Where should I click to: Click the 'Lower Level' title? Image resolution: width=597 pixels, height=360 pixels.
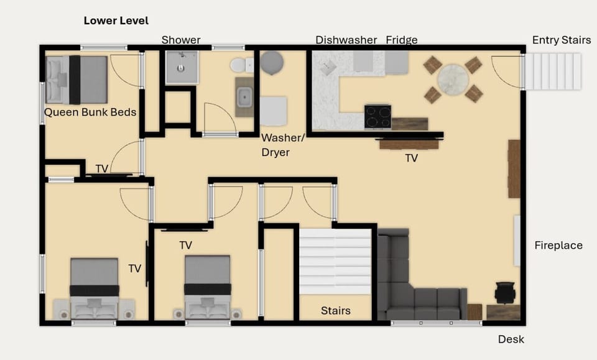click(116, 21)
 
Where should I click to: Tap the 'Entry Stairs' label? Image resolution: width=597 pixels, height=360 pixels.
click(561, 40)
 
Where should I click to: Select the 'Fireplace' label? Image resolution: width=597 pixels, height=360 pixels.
click(558, 246)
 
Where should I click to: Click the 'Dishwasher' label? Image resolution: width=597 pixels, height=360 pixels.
click(346, 40)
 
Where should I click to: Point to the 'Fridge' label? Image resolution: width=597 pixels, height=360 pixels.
click(401, 40)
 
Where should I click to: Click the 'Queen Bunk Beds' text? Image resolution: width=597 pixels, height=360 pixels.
click(90, 113)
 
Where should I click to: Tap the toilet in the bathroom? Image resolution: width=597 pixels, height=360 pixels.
click(241, 65)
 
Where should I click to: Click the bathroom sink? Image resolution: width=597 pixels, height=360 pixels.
click(244, 97)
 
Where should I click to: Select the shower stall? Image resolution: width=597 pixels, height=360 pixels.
click(182, 67)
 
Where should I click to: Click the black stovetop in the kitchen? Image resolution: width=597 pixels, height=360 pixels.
click(377, 116)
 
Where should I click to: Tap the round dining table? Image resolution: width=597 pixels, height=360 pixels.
click(453, 79)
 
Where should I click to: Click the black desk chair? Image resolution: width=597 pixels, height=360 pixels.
click(505, 292)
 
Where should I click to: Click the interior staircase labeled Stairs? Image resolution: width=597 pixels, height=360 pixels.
click(335, 262)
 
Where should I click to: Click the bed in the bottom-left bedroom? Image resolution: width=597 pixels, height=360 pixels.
click(94, 288)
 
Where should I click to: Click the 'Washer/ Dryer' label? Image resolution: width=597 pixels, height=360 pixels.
click(275, 145)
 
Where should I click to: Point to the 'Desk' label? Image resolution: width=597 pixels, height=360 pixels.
click(511, 339)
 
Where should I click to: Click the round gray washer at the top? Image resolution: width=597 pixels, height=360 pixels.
click(272, 63)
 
